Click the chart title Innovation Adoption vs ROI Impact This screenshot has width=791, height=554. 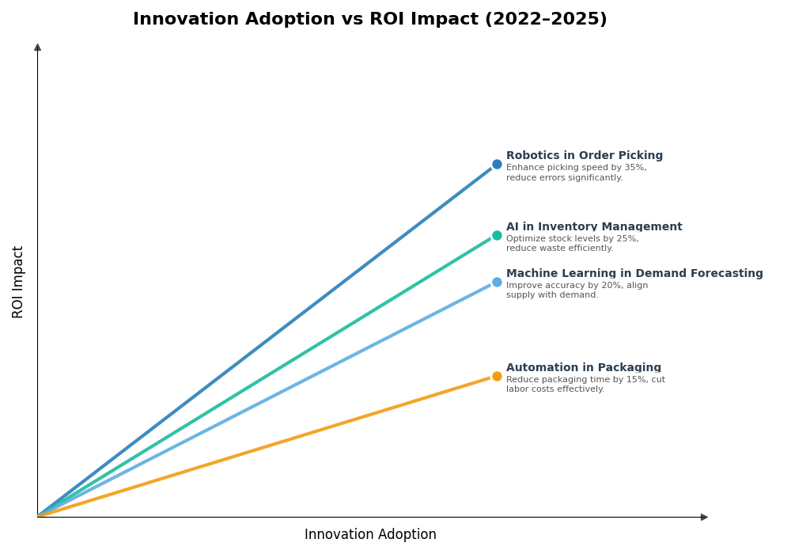[x=369, y=20]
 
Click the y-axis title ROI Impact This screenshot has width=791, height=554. [x=18, y=282]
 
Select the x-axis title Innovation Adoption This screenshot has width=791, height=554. [x=370, y=535]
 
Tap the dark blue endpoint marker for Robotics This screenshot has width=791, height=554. [x=497, y=165]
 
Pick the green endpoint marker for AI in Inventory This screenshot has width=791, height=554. [x=497, y=235]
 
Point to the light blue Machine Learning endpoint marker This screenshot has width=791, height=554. [x=497, y=282]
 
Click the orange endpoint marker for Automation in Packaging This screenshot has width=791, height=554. [x=497, y=376]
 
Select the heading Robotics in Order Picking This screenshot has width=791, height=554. [x=585, y=156]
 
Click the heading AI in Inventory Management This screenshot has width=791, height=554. [x=594, y=227]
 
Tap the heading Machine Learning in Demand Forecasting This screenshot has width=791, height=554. [x=634, y=274]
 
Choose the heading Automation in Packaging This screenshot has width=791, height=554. [x=584, y=368]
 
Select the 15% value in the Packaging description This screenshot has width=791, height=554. [x=623, y=380]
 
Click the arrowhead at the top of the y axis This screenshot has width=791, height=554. [x=37, y=47]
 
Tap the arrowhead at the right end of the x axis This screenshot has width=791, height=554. [x=704, y=517]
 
